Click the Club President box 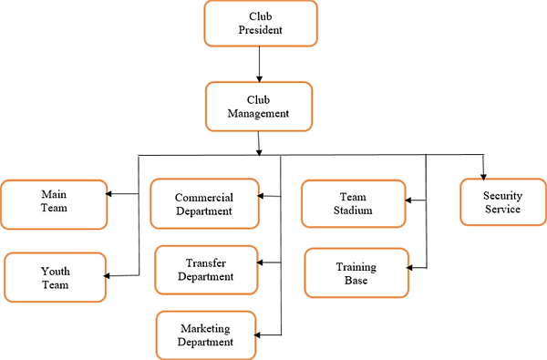tap(260, 24)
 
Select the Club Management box tap(259, 108)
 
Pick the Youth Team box tap(56, 277)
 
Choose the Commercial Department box tap(204, 203)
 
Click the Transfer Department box tap(205, 270)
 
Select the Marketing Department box tap(206, 335)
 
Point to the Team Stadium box tap(352, 203)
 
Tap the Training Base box tap(356, 272)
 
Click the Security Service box tap(502, 201)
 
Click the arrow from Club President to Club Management tap(260, 64)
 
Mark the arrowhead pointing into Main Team tap(109, 193)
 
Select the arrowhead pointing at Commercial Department tap(261, 196)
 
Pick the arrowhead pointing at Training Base tap(413, 267)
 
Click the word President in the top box tap(260, 30)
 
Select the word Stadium tap(352, 211)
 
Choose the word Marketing tap(205, 328)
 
